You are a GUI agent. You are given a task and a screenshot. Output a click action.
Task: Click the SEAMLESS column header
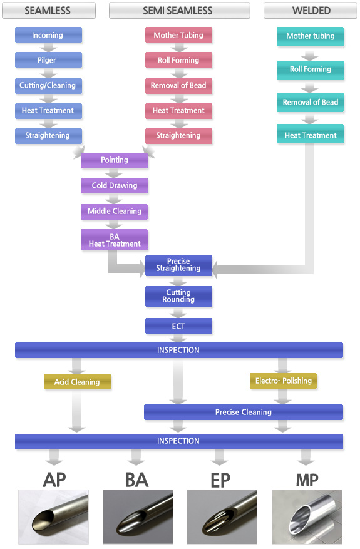(x=49, y=11)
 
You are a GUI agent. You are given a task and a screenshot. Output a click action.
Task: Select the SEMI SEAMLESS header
(x=179, y=11)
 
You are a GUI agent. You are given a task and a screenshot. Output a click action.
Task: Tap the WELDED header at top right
(x=311, y=11)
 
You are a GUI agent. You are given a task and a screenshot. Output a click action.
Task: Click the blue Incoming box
(x=48, y=35)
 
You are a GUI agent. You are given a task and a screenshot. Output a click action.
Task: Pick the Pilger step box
(x=48, y=60)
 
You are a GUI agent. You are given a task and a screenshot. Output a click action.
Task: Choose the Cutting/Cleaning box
(x=48, y=85)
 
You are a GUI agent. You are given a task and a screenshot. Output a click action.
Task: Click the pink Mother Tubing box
(x=178, y=35)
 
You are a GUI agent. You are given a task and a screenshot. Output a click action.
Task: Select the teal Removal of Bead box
(x=310, y=102)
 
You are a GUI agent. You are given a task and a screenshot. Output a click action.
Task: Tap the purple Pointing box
(x=114, y=160)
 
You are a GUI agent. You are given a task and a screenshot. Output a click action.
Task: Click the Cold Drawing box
(x=114, y=185)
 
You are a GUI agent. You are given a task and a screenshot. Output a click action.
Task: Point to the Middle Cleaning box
(x=114, y=212)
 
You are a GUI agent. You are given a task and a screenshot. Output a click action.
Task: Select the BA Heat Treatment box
(x=114, y=240)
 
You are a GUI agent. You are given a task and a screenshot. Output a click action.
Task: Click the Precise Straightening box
(x=178, y=266)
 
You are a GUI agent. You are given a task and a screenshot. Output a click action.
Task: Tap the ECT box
(x=178, y=326)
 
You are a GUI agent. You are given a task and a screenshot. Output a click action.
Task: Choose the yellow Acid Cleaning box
(x=77, y=382)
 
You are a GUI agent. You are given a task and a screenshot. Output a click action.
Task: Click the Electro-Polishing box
(x=283, y=381)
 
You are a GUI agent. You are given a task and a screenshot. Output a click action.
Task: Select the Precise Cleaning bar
(x=244, y=412)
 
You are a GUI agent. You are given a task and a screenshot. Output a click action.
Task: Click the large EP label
(x=220, y=480)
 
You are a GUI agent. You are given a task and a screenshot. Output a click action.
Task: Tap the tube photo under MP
(x=307, y=517)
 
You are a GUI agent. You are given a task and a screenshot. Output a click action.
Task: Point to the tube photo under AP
(x=53, y=517)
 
